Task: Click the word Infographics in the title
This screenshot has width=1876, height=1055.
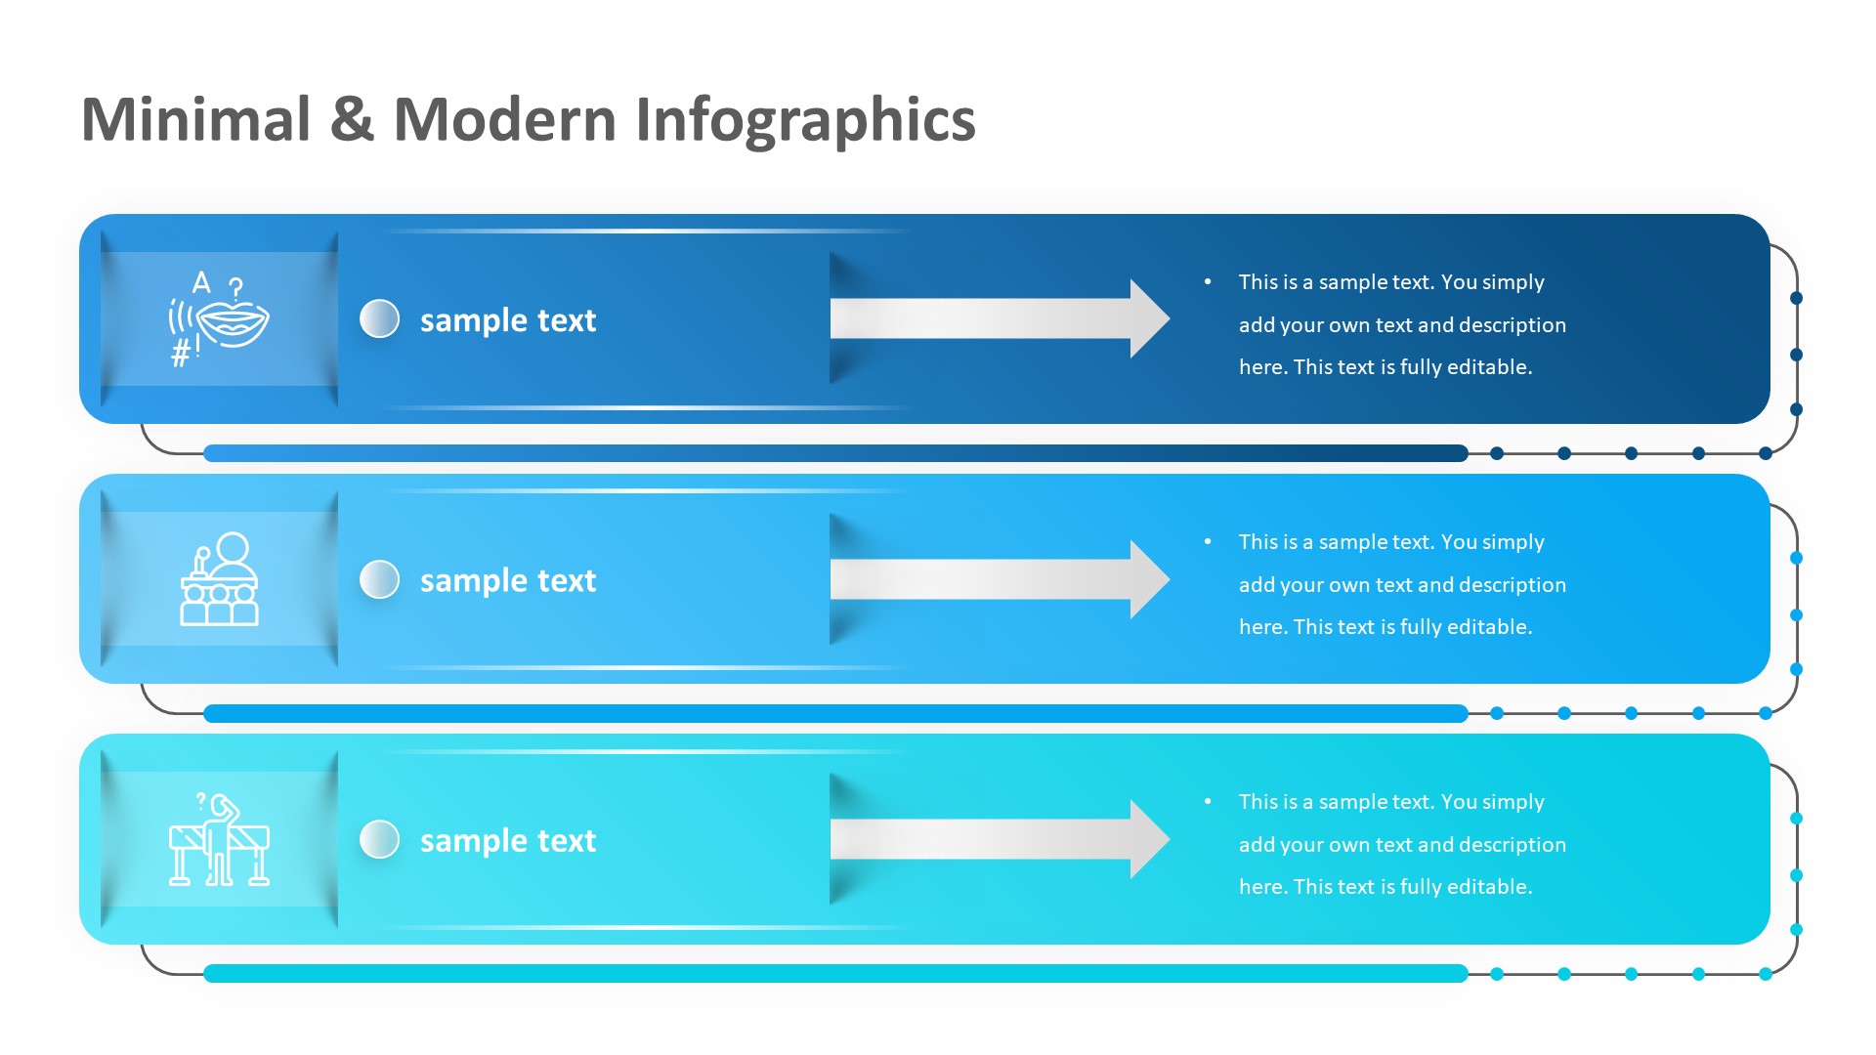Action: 805,120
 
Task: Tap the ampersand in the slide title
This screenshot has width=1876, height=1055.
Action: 352,120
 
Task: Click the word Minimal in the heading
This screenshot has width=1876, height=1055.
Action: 196,120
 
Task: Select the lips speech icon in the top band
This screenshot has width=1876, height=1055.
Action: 219,318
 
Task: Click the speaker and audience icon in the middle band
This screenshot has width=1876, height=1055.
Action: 219,579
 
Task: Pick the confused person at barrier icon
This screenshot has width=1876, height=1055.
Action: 219,839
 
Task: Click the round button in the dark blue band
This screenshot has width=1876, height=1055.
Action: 380,318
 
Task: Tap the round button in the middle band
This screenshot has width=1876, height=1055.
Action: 380,579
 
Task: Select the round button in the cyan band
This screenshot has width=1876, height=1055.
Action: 380,839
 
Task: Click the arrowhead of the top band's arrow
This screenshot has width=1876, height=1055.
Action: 1148,318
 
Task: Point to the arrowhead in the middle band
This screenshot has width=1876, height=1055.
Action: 1148,579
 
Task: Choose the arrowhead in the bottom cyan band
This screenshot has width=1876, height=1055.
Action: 1148,839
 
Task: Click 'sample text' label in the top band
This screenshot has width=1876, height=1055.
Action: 507,320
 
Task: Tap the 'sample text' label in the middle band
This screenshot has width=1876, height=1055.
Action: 507,581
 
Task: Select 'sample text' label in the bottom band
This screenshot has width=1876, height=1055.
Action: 507,841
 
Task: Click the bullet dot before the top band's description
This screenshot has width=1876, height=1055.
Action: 1209,282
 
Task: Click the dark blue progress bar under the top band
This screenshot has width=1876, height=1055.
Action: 835,453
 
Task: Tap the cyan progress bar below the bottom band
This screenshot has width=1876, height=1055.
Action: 835,974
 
